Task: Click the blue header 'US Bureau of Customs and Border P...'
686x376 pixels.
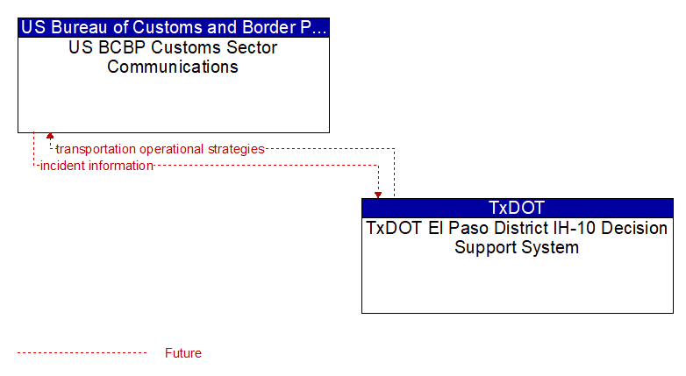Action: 174,27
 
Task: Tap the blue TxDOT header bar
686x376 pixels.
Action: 518,208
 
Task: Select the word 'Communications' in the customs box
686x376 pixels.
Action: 173,67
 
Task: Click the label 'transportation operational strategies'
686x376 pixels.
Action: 161,149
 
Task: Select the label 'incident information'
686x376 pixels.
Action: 96,166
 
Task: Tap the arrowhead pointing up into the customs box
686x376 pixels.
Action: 50,136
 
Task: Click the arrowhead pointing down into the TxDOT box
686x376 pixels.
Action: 378,195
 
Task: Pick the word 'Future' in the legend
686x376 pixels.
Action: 182,353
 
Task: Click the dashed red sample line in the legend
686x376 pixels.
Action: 82,352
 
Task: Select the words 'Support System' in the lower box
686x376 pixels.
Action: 517,248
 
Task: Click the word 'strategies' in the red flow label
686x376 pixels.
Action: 236,149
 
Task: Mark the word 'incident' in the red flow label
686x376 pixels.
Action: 62,166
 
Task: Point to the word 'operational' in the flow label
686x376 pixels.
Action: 172,149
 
